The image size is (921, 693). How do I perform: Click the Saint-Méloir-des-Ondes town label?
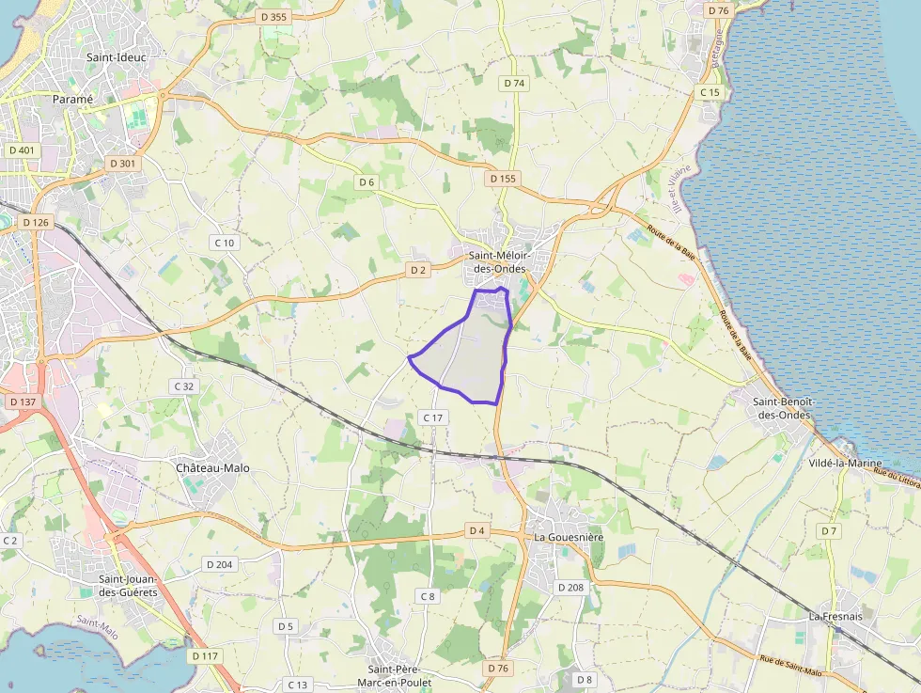499,262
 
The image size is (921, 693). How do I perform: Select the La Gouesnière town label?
569,536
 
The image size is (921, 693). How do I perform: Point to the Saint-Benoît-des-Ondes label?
783,408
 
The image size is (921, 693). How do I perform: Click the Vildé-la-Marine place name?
846,463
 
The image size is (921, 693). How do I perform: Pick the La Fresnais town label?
835,616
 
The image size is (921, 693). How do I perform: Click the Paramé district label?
72,99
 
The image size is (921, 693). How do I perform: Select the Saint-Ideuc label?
117,57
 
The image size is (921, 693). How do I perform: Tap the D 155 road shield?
504,178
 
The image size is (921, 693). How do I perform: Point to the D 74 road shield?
514,83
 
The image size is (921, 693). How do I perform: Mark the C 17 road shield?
432,417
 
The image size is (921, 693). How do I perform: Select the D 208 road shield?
570,587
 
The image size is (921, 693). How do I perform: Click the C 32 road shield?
183,386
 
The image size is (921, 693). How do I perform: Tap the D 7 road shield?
828,531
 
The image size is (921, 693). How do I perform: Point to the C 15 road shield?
710,92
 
